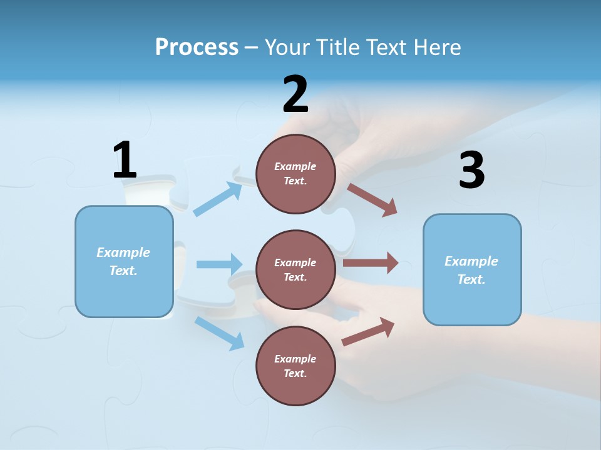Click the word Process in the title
point(197,47)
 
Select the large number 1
point(125,161)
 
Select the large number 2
point(295,94)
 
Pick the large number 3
point(471,171)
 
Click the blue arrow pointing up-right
point(217,199)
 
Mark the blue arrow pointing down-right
point(219,333)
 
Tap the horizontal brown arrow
point(370,263)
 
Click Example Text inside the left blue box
point(123,261)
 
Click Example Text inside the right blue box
point(471,270)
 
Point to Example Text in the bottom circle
point(295,366)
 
